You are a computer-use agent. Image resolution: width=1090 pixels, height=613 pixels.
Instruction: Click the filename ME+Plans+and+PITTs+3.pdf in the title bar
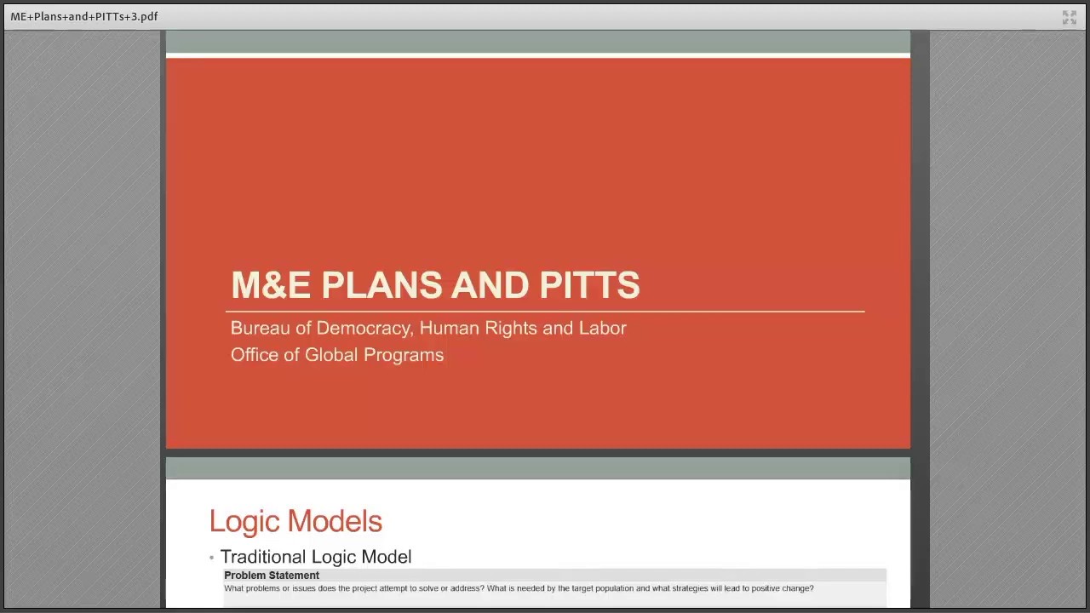[x=84, y=16]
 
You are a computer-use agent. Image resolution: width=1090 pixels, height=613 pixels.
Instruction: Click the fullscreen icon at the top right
[x=1070, y=17]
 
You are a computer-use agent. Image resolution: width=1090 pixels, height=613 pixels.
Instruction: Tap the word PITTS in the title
[x=589, y=285]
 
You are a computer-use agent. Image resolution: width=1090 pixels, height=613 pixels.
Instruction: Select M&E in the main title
[x=270, y=285]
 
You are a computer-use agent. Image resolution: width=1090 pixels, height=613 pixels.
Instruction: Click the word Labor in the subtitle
[x=602, y=328]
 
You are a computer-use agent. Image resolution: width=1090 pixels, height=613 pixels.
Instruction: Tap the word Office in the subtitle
[x=255, y=355]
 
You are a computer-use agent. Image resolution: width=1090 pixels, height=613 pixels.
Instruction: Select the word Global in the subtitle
[x=332, y=355]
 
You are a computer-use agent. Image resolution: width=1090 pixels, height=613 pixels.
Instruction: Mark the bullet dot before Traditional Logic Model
[x=211, y=558]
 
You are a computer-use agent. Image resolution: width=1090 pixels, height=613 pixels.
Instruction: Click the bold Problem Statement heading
[x=272, y=576]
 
